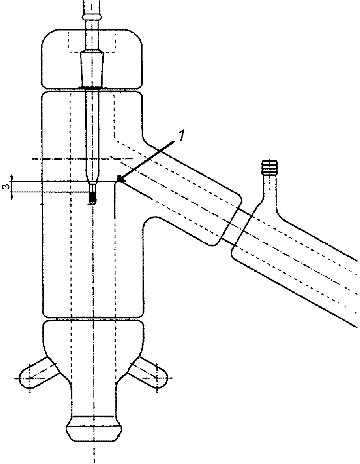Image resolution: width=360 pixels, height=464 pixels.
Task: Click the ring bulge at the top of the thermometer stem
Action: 92,17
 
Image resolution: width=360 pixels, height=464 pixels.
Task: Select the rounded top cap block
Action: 92,58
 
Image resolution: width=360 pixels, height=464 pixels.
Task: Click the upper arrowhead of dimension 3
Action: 12,177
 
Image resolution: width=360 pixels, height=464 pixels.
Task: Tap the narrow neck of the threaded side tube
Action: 270,190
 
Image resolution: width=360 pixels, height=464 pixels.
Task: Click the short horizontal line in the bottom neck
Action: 93,416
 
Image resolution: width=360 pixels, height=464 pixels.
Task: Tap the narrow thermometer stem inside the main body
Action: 92,137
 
